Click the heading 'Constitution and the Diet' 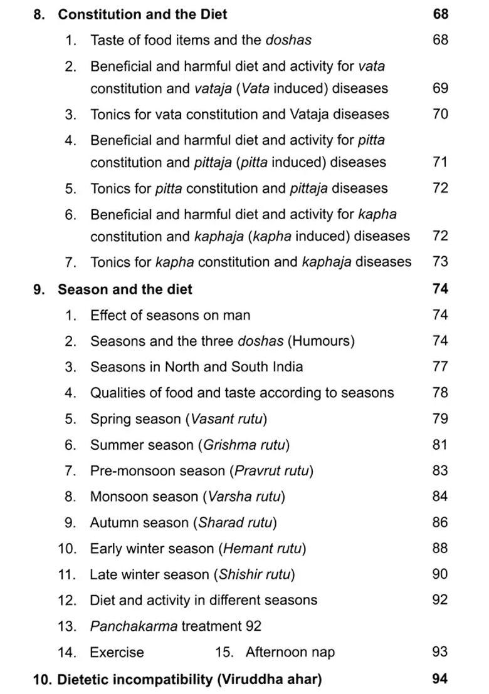tap(142, 14)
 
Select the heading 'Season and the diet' tap(125, 289)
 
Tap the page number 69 tap(440, 88)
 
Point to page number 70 tap(440, 114)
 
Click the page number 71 tap(440, 162)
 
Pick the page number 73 tap(440, 262)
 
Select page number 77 tap(440, 366)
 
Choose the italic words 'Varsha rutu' tap(244, 497)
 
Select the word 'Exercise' tap(117, 652)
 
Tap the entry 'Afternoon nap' tap(290, 652)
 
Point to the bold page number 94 tap(440, 679)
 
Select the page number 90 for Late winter tap(440, 574)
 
